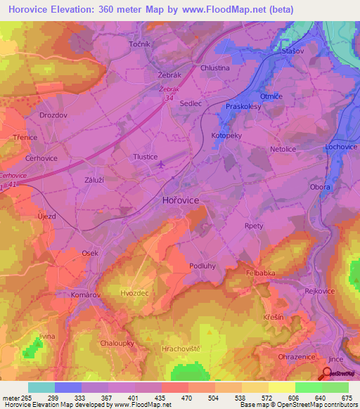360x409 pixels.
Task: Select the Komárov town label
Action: (x=86, y=296)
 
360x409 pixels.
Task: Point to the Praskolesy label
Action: (x=243, y=107)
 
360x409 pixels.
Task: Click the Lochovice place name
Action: (x=342, y=147)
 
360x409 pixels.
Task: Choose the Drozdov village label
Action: (x=53, y=115)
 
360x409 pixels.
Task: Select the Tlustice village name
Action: (x=145, y=157)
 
